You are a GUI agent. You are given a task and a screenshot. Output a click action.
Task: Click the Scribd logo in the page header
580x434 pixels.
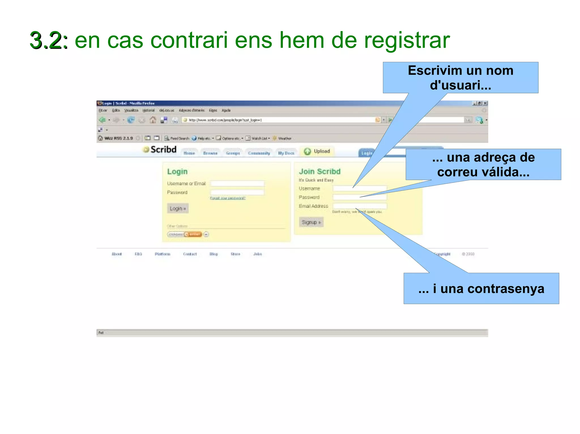point(160,150)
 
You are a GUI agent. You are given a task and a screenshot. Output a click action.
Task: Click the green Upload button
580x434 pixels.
point(317,151)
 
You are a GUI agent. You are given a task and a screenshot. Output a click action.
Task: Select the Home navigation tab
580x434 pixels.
point(189,153)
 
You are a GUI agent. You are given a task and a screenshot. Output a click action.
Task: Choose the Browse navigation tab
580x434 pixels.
point(210,153)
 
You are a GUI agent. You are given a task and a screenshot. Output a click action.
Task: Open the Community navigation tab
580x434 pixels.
point(259,153)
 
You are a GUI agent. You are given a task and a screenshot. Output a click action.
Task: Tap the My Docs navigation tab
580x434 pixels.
point(286,153)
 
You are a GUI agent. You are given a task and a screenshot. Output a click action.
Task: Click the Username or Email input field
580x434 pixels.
point(237,183)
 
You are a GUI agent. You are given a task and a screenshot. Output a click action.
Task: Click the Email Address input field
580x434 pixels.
point(360,206)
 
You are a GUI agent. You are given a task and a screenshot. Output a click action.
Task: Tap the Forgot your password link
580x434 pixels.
point(228,198)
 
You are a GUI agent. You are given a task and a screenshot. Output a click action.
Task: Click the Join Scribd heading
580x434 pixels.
point(320,171)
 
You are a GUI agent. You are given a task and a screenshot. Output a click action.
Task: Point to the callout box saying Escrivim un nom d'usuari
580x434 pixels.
point(460,78)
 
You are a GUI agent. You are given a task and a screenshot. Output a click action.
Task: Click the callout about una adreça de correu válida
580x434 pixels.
point(483,165)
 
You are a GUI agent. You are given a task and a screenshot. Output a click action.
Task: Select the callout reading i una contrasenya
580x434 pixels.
point(481,289)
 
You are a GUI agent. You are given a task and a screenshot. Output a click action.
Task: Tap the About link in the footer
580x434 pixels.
point(117,254)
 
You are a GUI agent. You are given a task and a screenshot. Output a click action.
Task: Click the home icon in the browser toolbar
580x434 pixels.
point(153,120)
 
